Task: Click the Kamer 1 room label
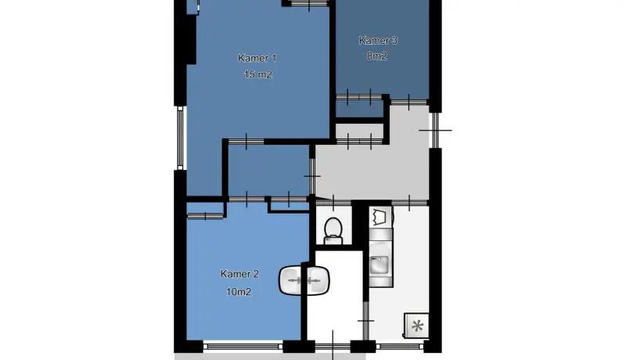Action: (257, 58)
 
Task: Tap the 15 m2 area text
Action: (258, 74)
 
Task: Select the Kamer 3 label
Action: (378, 41)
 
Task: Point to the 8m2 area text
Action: (377, 56)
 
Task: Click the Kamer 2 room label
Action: (239, 274)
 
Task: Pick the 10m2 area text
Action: (239, 292)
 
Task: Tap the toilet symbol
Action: (333, 231)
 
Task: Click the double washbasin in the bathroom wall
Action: (304, 280)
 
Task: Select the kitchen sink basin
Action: (379, 265)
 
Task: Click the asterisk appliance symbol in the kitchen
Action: (417, 326)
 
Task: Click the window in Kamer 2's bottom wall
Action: (243, 347)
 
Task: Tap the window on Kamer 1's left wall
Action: (180, 138)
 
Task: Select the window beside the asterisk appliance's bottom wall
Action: (400, 347)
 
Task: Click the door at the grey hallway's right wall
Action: (435, 130)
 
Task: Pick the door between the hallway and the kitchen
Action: (409, 203)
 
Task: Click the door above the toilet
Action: (334, 203)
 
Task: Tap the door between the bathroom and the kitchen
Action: (365, 321)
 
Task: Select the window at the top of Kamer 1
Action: (309, 4)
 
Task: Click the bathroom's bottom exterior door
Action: (333, 346)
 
